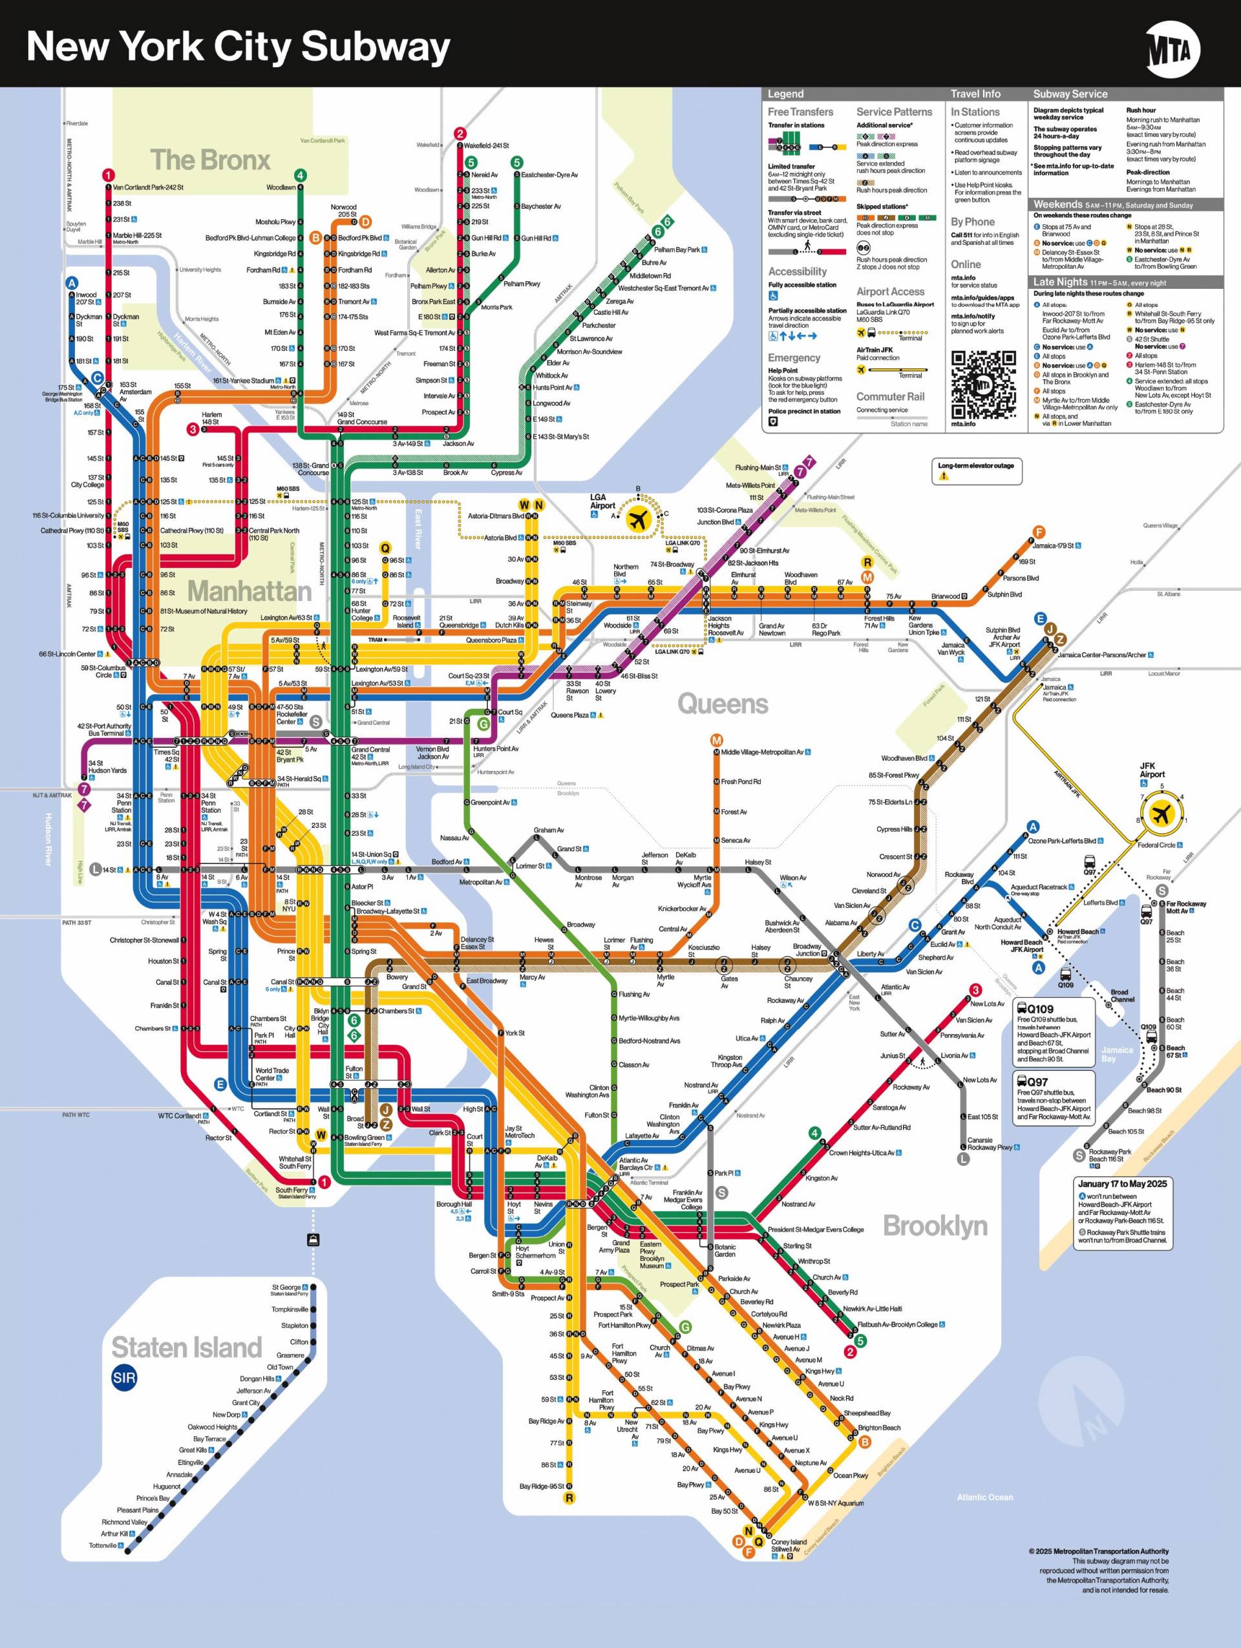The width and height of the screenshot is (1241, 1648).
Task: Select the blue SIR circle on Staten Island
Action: tap(123, 1378)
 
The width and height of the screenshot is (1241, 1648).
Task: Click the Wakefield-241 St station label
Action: tap(487, 145)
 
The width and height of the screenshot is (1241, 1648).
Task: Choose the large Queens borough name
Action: tap(722, 704)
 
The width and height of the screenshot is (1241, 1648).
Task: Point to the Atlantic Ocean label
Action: tap(985, 1497)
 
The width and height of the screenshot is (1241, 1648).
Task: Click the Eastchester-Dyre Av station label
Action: tap(549, 175)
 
